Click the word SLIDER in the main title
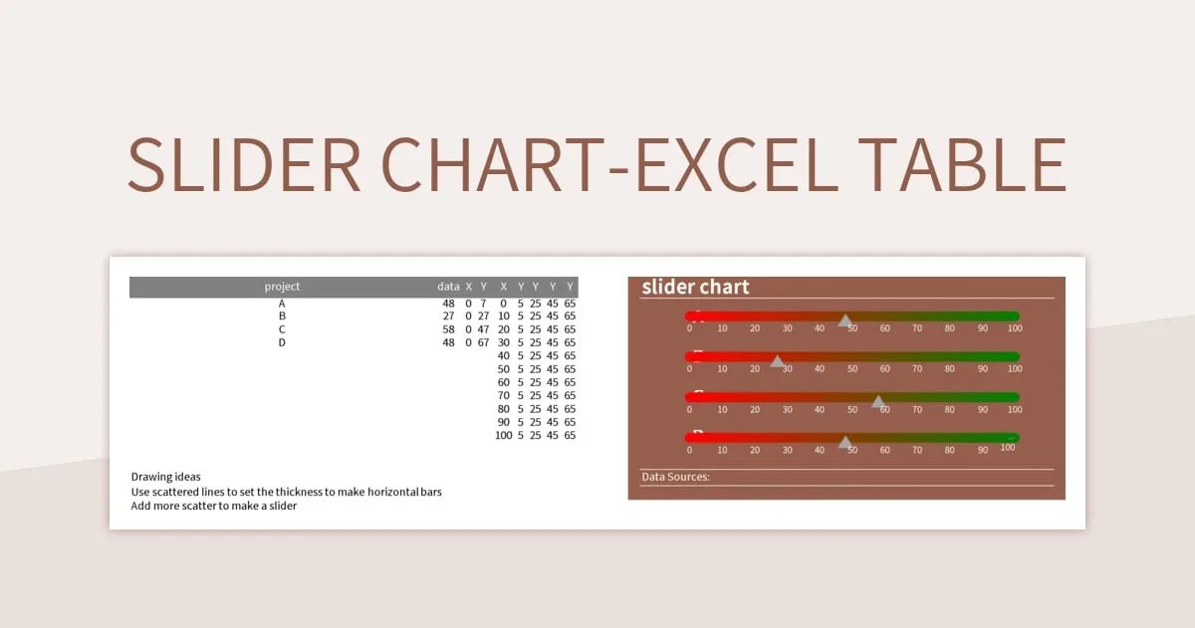pos(244,165)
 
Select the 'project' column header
pos(282,287)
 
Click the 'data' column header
pos(448,287)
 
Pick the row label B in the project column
pos(282,315)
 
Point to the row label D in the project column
pos(282,342)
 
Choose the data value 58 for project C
pos(448,329)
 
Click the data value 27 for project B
pos(448,315)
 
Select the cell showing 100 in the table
pos(503,435)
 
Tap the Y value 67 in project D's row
pos(483,342)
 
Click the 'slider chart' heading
pos(695,287)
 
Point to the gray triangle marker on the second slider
pos(777,360)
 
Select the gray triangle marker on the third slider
pos(878,401)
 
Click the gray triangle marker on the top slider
pos(844,319)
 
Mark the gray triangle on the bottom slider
pos(844,441)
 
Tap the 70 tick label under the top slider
pos(917,328)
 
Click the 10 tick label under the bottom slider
pos(722,450)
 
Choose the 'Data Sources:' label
pos(675,477)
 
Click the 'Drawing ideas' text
pos(165,477)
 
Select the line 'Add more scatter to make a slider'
pos(214,506)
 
